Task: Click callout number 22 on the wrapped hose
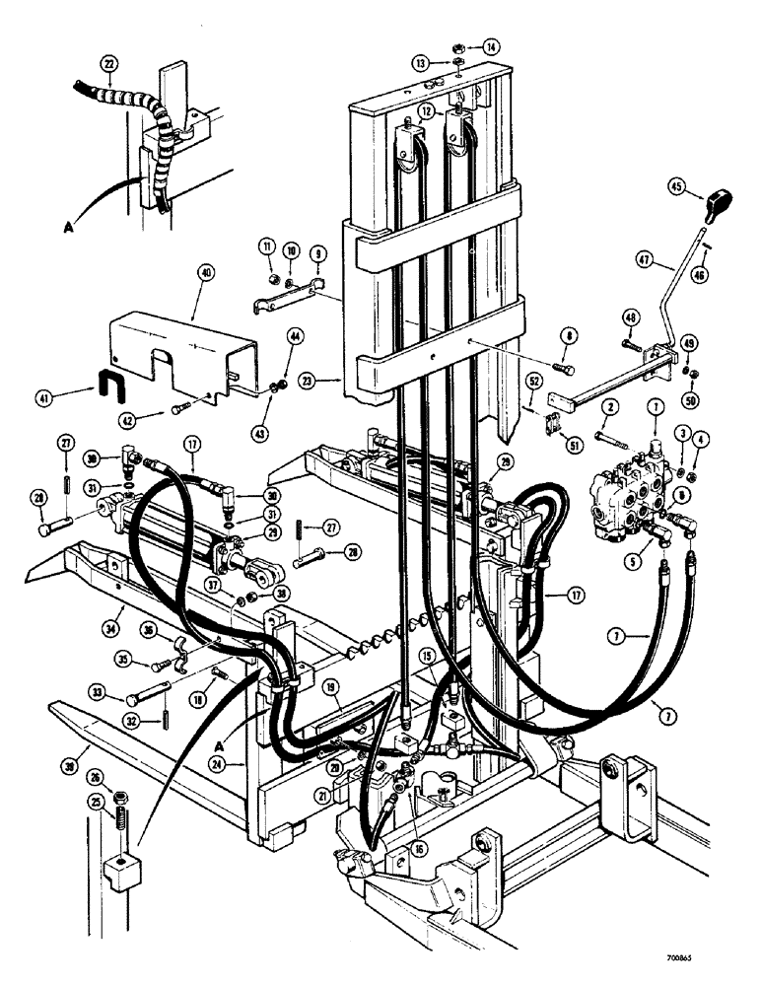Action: [108, 65]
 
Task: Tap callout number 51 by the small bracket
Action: [575, 447]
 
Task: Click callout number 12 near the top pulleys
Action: [424, 110]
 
